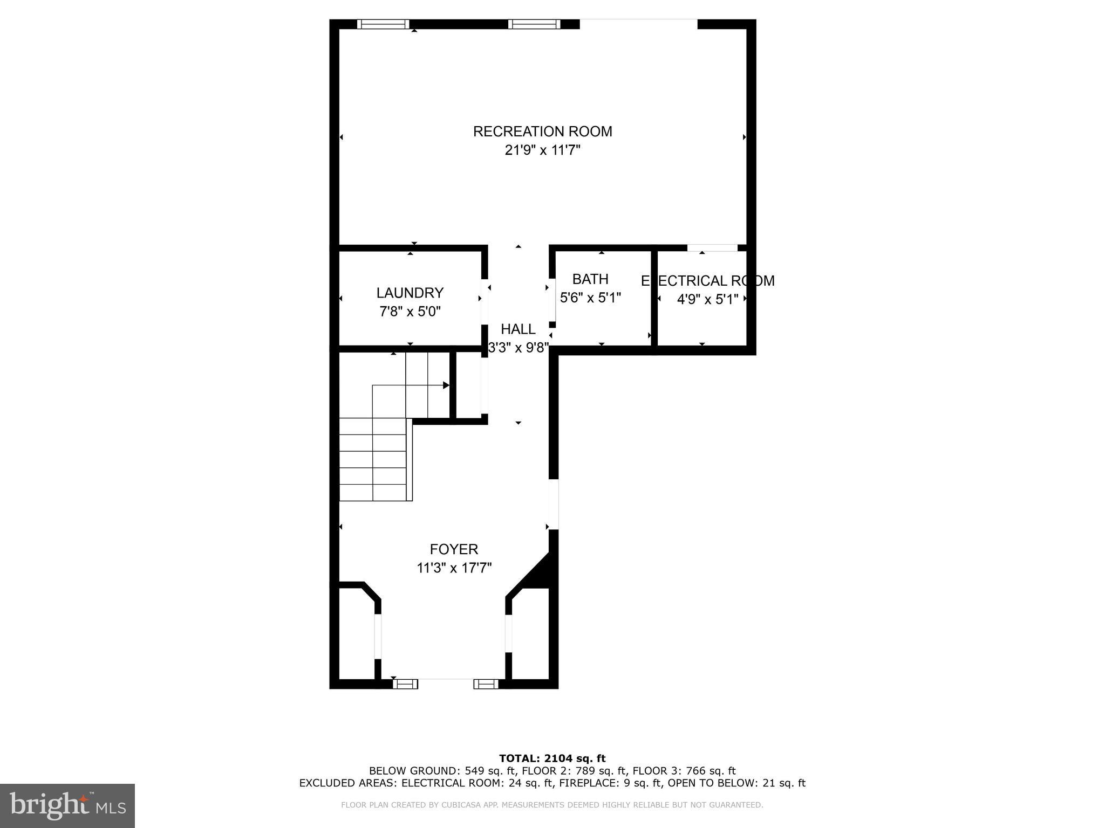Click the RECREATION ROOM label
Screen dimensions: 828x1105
pos(542,132)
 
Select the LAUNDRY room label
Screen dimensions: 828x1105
pos(410,293)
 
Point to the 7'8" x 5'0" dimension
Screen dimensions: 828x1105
pos(410,312)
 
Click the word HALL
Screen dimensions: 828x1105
pos(518,329)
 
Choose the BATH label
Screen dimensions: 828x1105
pos(590,279)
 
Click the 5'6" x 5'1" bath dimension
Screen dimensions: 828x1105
pos(590,298)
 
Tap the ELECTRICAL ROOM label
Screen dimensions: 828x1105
pos(707,281)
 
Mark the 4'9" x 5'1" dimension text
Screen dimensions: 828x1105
pos(707,299)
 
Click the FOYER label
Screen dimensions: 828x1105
pos(454,549)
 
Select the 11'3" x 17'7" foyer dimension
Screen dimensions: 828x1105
pos(454,568)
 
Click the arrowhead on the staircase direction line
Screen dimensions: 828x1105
pos(446,385)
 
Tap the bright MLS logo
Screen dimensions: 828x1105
pos(67,806)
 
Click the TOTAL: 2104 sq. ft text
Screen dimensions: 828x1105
pos(552,759)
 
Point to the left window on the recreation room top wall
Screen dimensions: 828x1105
pos(383,24)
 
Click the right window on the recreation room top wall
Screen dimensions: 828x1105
pos(534,24)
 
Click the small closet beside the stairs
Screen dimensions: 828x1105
pos(469,385)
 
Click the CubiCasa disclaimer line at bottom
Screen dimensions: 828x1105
pos(552,805)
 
